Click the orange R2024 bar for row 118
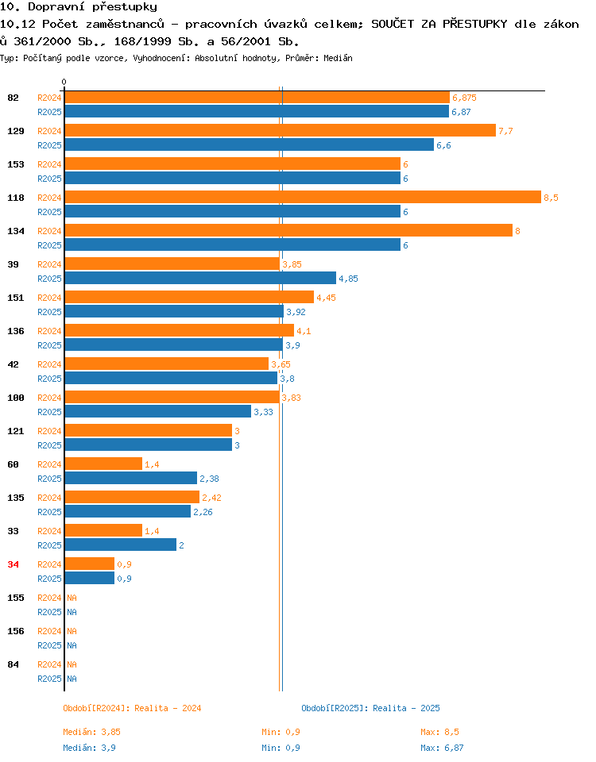pos(303,197)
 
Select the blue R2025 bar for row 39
pos(200,278)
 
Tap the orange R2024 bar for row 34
pos(90,564)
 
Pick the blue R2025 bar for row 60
pos(131,478)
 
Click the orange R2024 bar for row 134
pos(288,230)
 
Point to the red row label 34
pos(14,564)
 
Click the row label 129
pos(16,131)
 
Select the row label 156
pos(16,631)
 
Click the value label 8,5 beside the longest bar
pos(551,198)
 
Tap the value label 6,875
pos(464,98)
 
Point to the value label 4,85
pos(348,279)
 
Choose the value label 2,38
pos(209,479)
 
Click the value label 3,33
pos(263,412)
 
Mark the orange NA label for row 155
pos(72,598)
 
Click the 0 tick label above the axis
pos(64,82)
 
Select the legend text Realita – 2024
pos(168,708)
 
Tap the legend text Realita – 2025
pos(406,708)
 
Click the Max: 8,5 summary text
pos(439,732)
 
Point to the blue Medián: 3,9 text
pos(90,748)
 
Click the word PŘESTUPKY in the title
pos(475,24)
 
